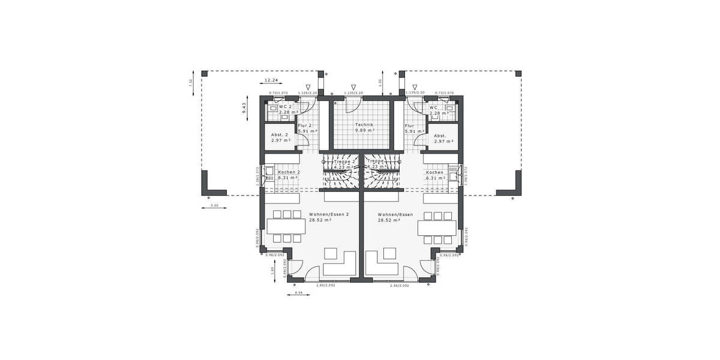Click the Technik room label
click(x=364, y=124)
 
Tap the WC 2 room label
click(x=285, y=107)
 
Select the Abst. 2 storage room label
click(x=280, y=135)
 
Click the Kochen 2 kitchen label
click(x=289, y=172)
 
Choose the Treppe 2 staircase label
click(x=345, y=161)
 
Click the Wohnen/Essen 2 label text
click(x=329, y=214)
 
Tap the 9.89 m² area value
click(x=364, y=130)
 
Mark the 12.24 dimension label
click(x=271, y=80)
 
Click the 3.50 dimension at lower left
click(x=214, y=206)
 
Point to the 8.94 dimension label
click(x=299, y=292)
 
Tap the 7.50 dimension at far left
click(x=191, y=82)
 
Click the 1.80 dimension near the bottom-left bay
click(x=272, y=271)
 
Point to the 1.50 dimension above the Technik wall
click(x=380, y=82)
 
